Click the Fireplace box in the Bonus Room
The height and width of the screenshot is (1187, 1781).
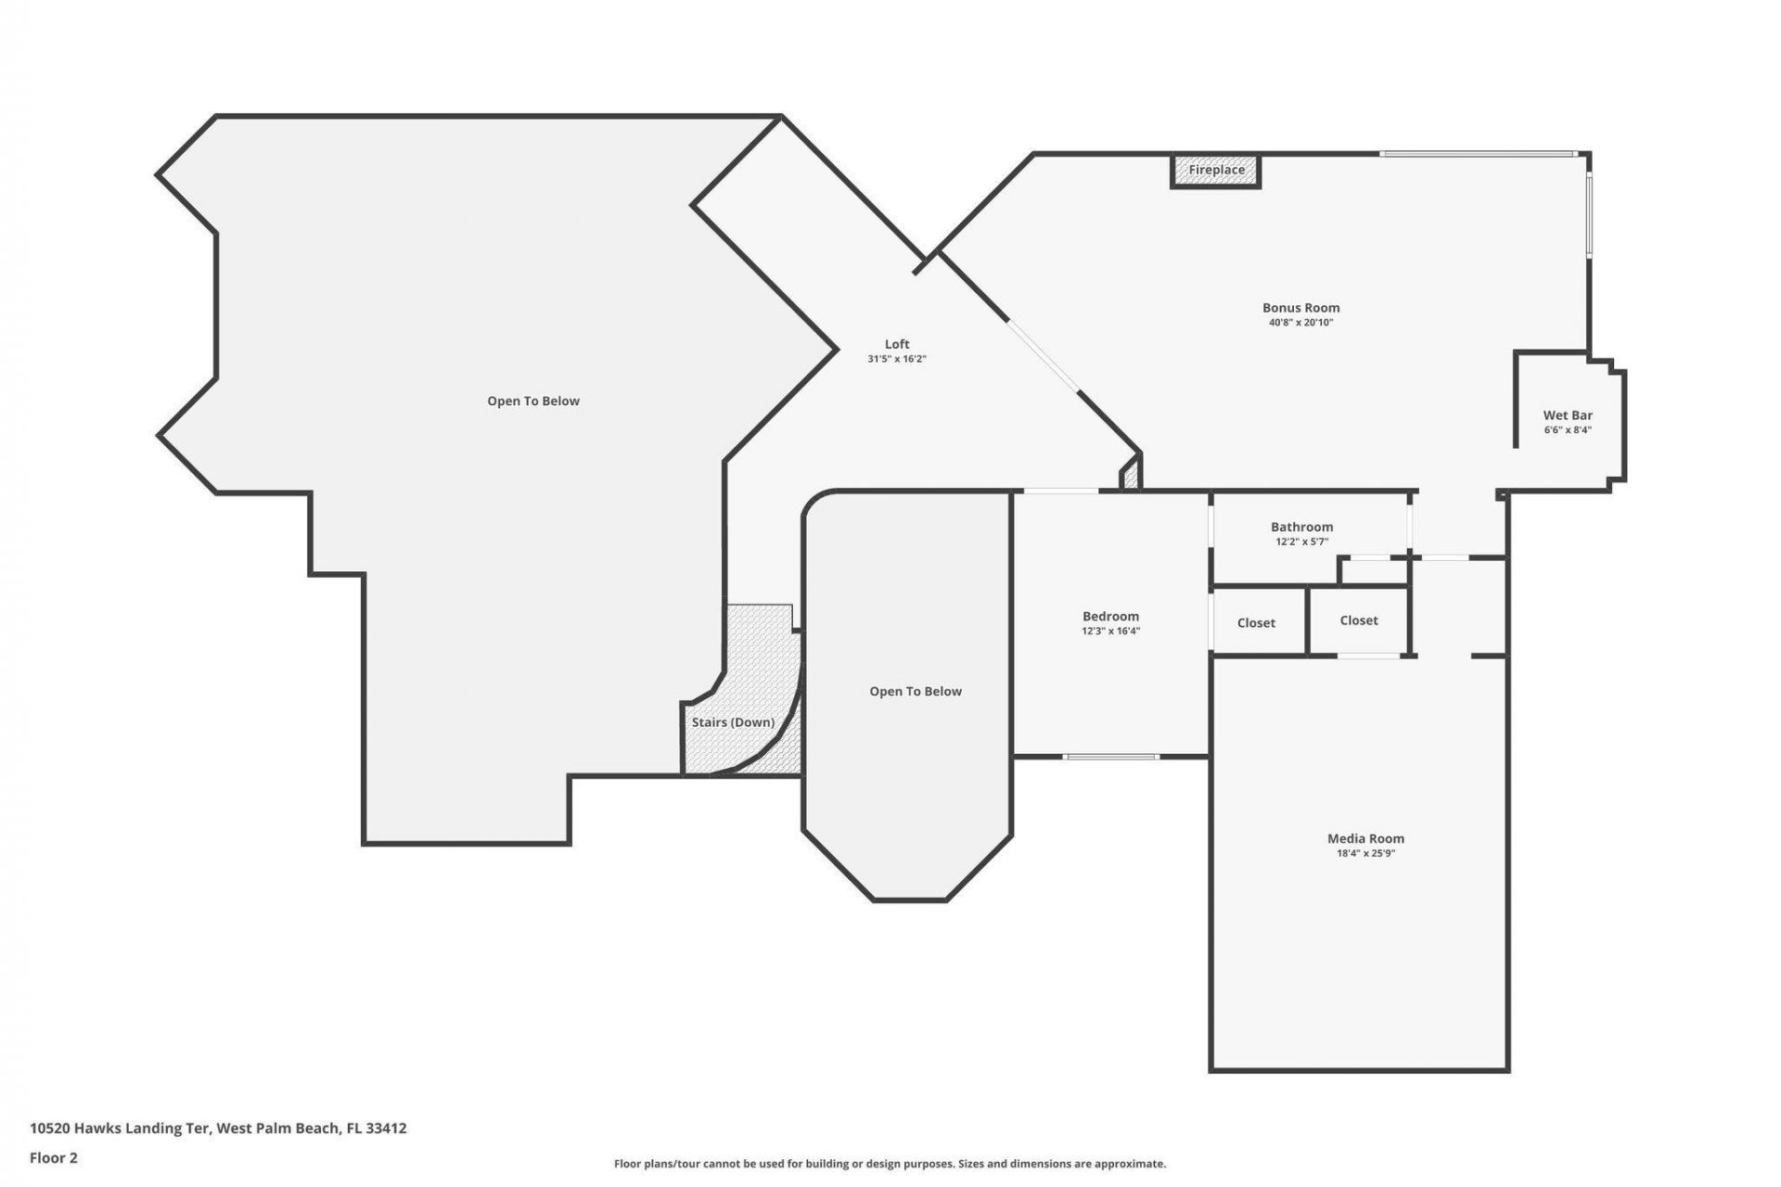(x=1216, y=171)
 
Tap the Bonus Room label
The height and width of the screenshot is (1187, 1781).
(x=1301, y=308)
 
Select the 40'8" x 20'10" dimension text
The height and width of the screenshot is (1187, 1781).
(x=1301, y=323)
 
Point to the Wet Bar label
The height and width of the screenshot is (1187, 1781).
(x=1568, y=415)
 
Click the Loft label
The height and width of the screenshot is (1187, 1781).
(x=897, y=344)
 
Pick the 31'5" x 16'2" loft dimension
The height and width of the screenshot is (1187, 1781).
(x=897, y=359)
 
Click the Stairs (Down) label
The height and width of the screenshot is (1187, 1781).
(x=733, y=722)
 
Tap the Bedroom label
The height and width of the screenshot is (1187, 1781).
(x=1110, y=617)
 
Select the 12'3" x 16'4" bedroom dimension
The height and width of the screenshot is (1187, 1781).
(x=1110, y=632)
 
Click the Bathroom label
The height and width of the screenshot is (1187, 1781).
(x=1301, y=527)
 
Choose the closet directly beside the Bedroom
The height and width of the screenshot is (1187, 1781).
(x=1256, y=623)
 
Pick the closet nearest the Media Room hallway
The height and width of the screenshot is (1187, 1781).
(x=1359, y=620)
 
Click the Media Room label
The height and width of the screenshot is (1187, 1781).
(x=1365, y=838)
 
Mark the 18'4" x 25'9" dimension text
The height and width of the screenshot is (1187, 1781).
(x=1365, y=853)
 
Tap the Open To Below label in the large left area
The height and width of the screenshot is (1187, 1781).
(x=533, y=402)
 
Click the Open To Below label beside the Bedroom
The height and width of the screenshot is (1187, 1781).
(x=916, y=692)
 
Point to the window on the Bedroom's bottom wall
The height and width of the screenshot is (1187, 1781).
(x=1110, y=757)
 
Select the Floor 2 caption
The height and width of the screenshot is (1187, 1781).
(x=54, y=1157)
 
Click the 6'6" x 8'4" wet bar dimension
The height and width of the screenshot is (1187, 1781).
(x=1568, y=430)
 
